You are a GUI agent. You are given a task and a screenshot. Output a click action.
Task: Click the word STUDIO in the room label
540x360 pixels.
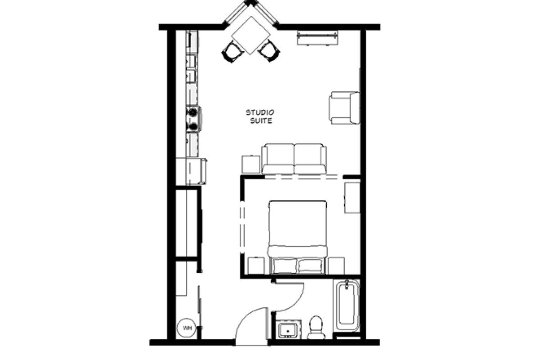click(260, 112)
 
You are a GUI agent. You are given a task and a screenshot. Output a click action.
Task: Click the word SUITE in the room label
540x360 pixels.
click(261, 121)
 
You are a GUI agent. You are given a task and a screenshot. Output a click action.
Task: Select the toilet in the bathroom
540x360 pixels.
click(316, 327)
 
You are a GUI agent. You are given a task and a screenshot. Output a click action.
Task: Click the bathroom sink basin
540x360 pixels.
click(288, 330)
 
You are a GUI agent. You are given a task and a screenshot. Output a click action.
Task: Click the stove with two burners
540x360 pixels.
click(193, 119)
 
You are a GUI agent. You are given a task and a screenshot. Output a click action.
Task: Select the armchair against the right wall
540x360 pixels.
click(345, 108)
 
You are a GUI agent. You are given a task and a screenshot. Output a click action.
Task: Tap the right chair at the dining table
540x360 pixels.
click(269, 51)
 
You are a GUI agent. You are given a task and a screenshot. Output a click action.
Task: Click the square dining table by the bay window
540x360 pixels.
click(250, 36)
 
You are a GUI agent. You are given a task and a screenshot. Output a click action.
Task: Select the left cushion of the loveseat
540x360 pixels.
click(279, 159)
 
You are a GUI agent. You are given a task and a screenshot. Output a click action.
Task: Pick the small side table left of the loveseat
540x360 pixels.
click(251, 164)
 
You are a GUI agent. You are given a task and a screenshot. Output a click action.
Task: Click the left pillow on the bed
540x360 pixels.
click(284, 266)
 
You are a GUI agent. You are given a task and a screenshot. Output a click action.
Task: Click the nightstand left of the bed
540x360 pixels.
click(256, 266)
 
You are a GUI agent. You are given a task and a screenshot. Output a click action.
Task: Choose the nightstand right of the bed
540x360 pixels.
click(336, 266)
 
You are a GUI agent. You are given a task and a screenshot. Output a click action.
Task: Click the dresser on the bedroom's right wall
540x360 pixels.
click(352, 198)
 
